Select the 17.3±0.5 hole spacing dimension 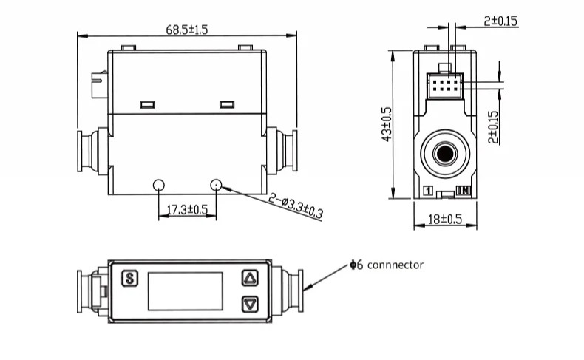point(187,210)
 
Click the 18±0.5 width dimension point(445,219)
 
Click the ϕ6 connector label point(387,265)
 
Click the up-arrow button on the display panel point(250,279)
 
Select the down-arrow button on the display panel point(250,303)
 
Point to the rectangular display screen point(185,291)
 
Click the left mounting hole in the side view point(159,184)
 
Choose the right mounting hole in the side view point(216,184)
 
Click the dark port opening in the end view point(445,154)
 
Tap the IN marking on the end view point(464,191)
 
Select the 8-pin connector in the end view point(444,87)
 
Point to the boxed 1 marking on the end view point(427,191)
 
